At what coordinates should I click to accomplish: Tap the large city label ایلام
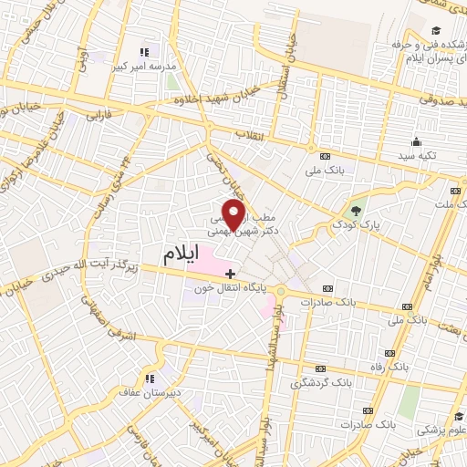tap(181, 255)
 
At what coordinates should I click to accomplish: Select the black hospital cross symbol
tap(231, 272)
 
